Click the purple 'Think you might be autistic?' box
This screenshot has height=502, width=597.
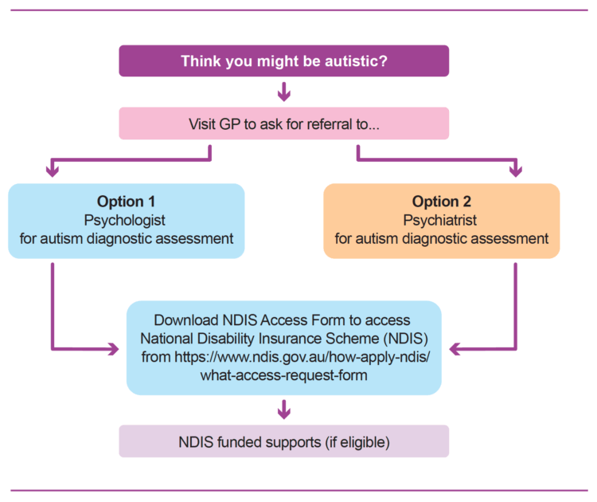[x=283, y=61]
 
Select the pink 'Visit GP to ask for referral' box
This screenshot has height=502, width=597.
[x=283, y=124]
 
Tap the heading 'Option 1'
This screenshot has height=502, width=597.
[x=126, y=202]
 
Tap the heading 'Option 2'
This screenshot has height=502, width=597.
[x=441, y=202]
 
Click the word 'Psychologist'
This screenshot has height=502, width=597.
[x=126, y=220]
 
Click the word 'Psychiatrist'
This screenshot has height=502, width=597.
[x=441, y=220]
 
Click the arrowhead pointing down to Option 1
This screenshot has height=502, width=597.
[x=53, y=169]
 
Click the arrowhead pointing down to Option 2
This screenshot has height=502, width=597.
[x=515, y=169]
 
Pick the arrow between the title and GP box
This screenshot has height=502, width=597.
[x=283, y=94]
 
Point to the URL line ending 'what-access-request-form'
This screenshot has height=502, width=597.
[x=283, y=375]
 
